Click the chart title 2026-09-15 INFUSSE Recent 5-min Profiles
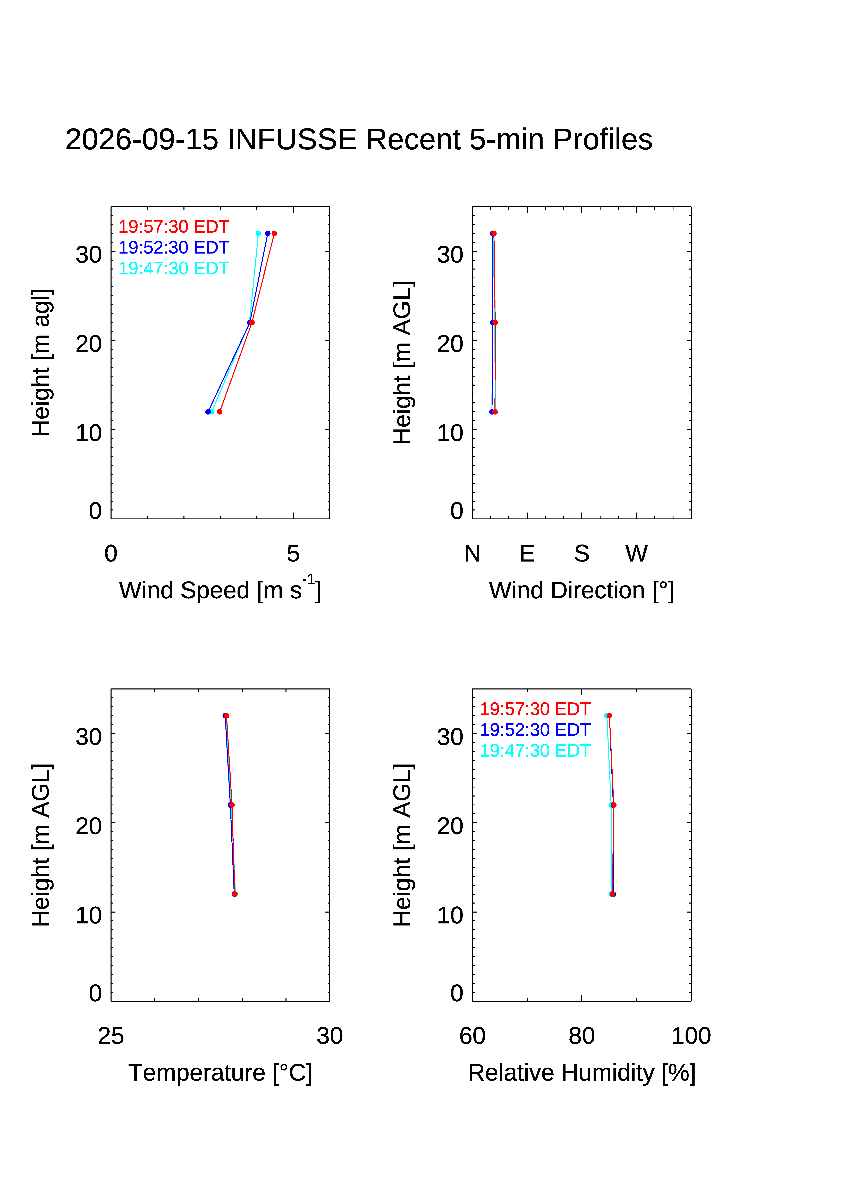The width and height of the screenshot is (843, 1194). [x=359, y=139]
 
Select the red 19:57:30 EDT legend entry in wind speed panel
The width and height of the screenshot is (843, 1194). [x=174, y=227]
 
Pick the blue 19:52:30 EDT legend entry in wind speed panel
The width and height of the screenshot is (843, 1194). [x=174, y=248]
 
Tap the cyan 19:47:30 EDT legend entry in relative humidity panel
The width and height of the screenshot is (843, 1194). [x=535, y=751]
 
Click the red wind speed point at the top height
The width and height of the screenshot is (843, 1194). [x=274, y=233]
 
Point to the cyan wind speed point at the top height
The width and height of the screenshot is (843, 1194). [x=258, y=233]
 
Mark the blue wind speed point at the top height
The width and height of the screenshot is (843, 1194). [x=268, y=233]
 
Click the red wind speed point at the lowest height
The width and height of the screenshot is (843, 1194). [x=220, y=412]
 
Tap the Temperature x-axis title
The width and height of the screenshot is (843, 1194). [x=220, y=1073]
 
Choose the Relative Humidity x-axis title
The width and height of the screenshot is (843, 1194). [x=581, y=1073]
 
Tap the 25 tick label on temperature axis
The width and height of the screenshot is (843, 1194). [x=111, y=1036]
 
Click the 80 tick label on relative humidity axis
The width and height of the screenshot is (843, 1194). [x=581, y=1036]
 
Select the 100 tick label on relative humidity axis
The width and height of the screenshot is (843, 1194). [x=691, y=1036]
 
